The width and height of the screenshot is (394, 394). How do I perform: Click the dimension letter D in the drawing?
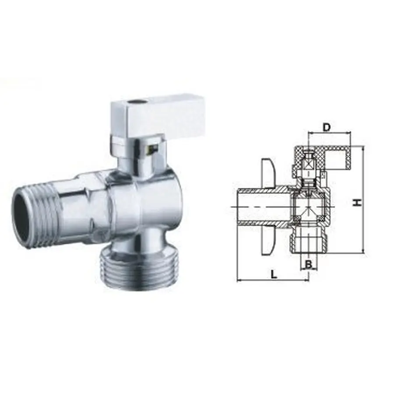[x=326, y=127]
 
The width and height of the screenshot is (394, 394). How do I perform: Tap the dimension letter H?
[x=358, y=202]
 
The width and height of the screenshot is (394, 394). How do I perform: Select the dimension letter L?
[x=274, y=274]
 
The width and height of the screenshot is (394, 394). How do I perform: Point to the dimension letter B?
[x=309, y=264]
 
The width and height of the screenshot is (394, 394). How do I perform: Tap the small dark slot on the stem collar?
[x=152, y=150]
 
